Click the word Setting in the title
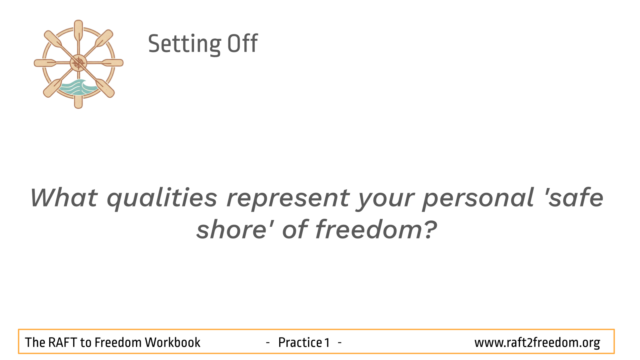[x=184, y=44]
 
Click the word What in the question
[x=64, y=198]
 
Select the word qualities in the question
[x=162, y=199]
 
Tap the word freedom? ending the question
[x=376, y=229]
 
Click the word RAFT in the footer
[x=62, y=342]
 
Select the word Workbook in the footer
[x=172, y=342]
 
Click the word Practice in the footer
[x=300, y=342]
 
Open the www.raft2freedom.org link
[x=537, y=343]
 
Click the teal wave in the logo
[x=78, y=88]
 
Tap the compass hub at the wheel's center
[x=78, y=63]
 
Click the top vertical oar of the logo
[x=78, y=34]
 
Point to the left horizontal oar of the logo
[x=52, y=63]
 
